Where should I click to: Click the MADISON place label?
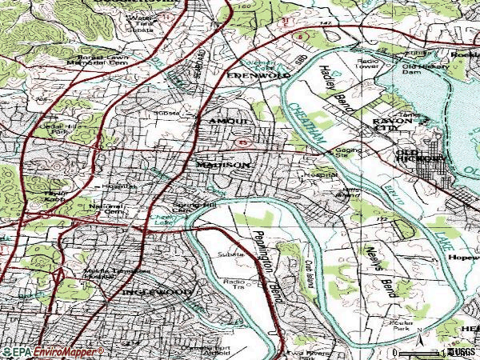point(223,165)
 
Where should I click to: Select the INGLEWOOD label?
point(157,293)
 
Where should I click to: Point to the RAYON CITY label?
point(390,126)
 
